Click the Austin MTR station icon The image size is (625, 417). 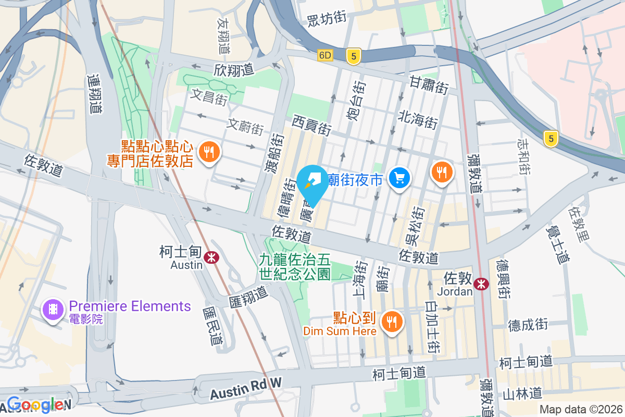[211, 257]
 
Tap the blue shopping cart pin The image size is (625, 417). [400, 179]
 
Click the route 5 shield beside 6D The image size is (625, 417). [354, 57]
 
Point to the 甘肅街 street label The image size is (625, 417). [429, 85]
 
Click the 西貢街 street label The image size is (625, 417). [311, 126]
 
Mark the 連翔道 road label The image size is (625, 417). [95, 94]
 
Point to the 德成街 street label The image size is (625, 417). [528, 325]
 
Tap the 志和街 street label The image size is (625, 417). [524, 156]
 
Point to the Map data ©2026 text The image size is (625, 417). [580, 410]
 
